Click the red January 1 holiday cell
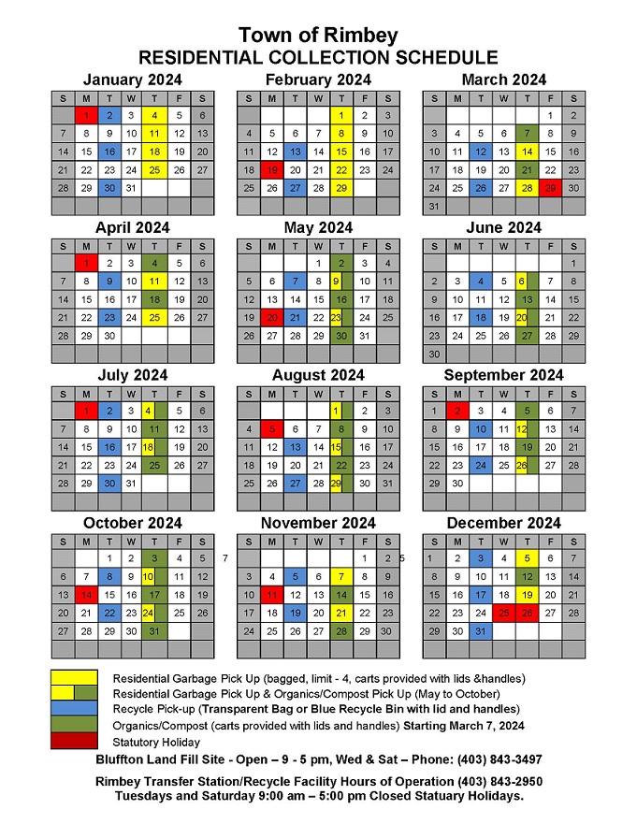(86, 115)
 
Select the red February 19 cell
(271, 170)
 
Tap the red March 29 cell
(550, 188)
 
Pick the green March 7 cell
(528, 133)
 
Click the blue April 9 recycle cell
(109, 281)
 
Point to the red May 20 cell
(271, 317)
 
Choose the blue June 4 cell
(481, 281)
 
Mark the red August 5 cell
(271, 428)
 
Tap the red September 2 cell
(457, 411)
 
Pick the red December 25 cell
(504, 613)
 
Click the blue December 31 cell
(481, 631)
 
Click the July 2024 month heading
(132, 375)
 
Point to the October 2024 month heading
(132, 523)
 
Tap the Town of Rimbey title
(317, 36)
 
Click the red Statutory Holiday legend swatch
(74, 742)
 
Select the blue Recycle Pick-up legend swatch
(74, 709)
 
